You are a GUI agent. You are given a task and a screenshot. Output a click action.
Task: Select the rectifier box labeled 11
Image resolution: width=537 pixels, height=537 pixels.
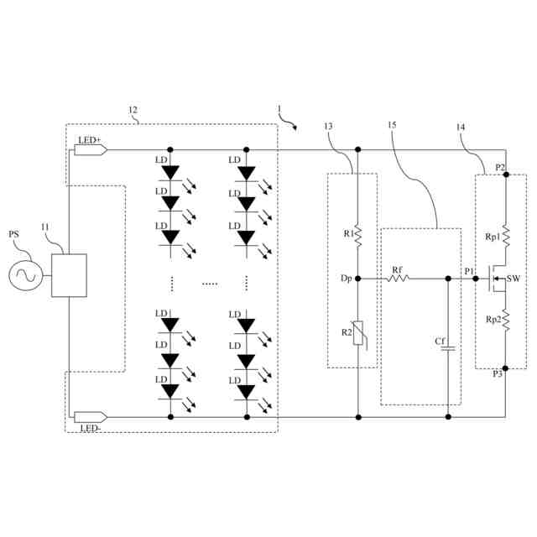(x=70, y=274)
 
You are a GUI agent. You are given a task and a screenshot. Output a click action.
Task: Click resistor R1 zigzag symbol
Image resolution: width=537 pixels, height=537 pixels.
(x=358, y=236)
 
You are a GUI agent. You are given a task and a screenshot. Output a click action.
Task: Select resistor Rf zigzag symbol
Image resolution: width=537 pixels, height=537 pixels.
(x=398, y=279)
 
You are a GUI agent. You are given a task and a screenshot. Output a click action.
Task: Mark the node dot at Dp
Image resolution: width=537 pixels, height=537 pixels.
(x=358, y=279)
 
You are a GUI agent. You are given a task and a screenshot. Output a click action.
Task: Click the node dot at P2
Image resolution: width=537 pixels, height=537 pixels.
(x=506, y=174)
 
